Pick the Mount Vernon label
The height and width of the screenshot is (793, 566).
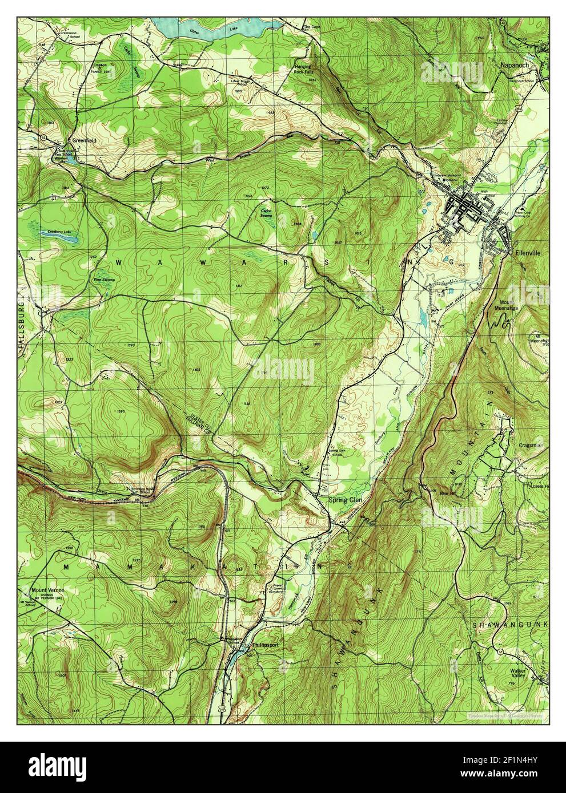click(48, 589)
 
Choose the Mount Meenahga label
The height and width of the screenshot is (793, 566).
click(507, 305)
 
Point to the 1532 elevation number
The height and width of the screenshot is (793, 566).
click(135, 561)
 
